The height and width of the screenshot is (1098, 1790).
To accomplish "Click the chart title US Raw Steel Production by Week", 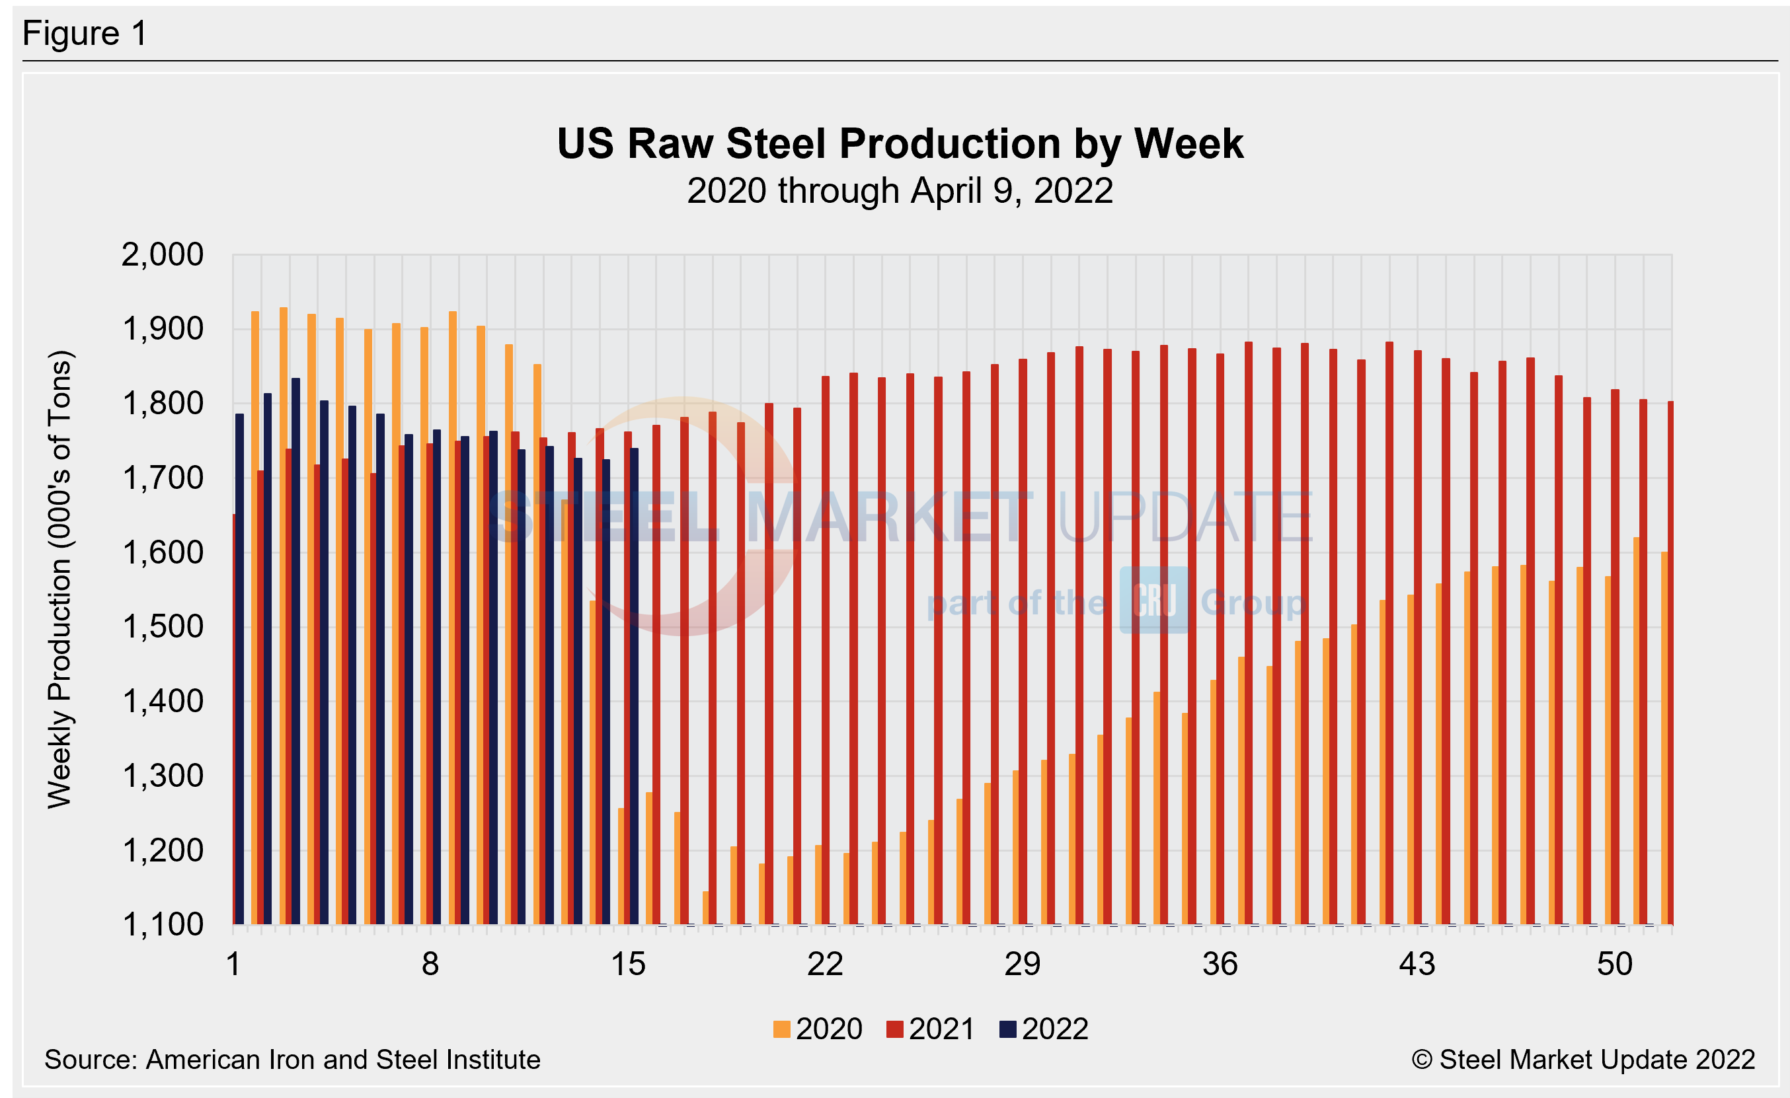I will (x=900, y=143).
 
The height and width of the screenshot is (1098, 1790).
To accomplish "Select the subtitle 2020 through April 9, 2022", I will (x=900, y=191).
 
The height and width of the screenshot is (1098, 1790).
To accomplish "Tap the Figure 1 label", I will (x=85, y=34).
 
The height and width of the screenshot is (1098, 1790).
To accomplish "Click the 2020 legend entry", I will (x=818, y=1029).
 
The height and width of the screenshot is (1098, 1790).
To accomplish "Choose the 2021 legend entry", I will (x=931, y=1029).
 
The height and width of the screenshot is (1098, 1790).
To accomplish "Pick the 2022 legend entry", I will (x=1044, y=1029).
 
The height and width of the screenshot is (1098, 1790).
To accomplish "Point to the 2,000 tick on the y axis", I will (x=162, y=255).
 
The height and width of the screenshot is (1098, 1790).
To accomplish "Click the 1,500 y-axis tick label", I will (x=162, y=627).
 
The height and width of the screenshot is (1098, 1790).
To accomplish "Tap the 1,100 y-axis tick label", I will (x=162, y=925).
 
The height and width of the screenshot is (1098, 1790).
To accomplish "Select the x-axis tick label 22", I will (x=825, y=965).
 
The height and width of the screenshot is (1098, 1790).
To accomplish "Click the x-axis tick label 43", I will (x=1417, y=965).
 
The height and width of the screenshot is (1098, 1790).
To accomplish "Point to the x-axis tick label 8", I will (x=430, y=965).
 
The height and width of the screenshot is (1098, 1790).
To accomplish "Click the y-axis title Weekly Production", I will (x=59, y=579).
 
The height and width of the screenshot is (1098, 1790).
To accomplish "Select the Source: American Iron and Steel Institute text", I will (x=292, y=1060).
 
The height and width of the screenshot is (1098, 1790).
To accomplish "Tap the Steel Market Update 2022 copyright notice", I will (x=1583, y=1060).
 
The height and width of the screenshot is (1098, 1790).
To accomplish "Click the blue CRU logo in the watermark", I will (x=1153, y=600).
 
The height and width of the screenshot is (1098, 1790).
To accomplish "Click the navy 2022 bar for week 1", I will (x=240, y=668).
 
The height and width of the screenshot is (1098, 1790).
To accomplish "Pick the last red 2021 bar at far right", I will (x=1670, y=661).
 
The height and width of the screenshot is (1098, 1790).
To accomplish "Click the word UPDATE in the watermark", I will (x=1184, y=517).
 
